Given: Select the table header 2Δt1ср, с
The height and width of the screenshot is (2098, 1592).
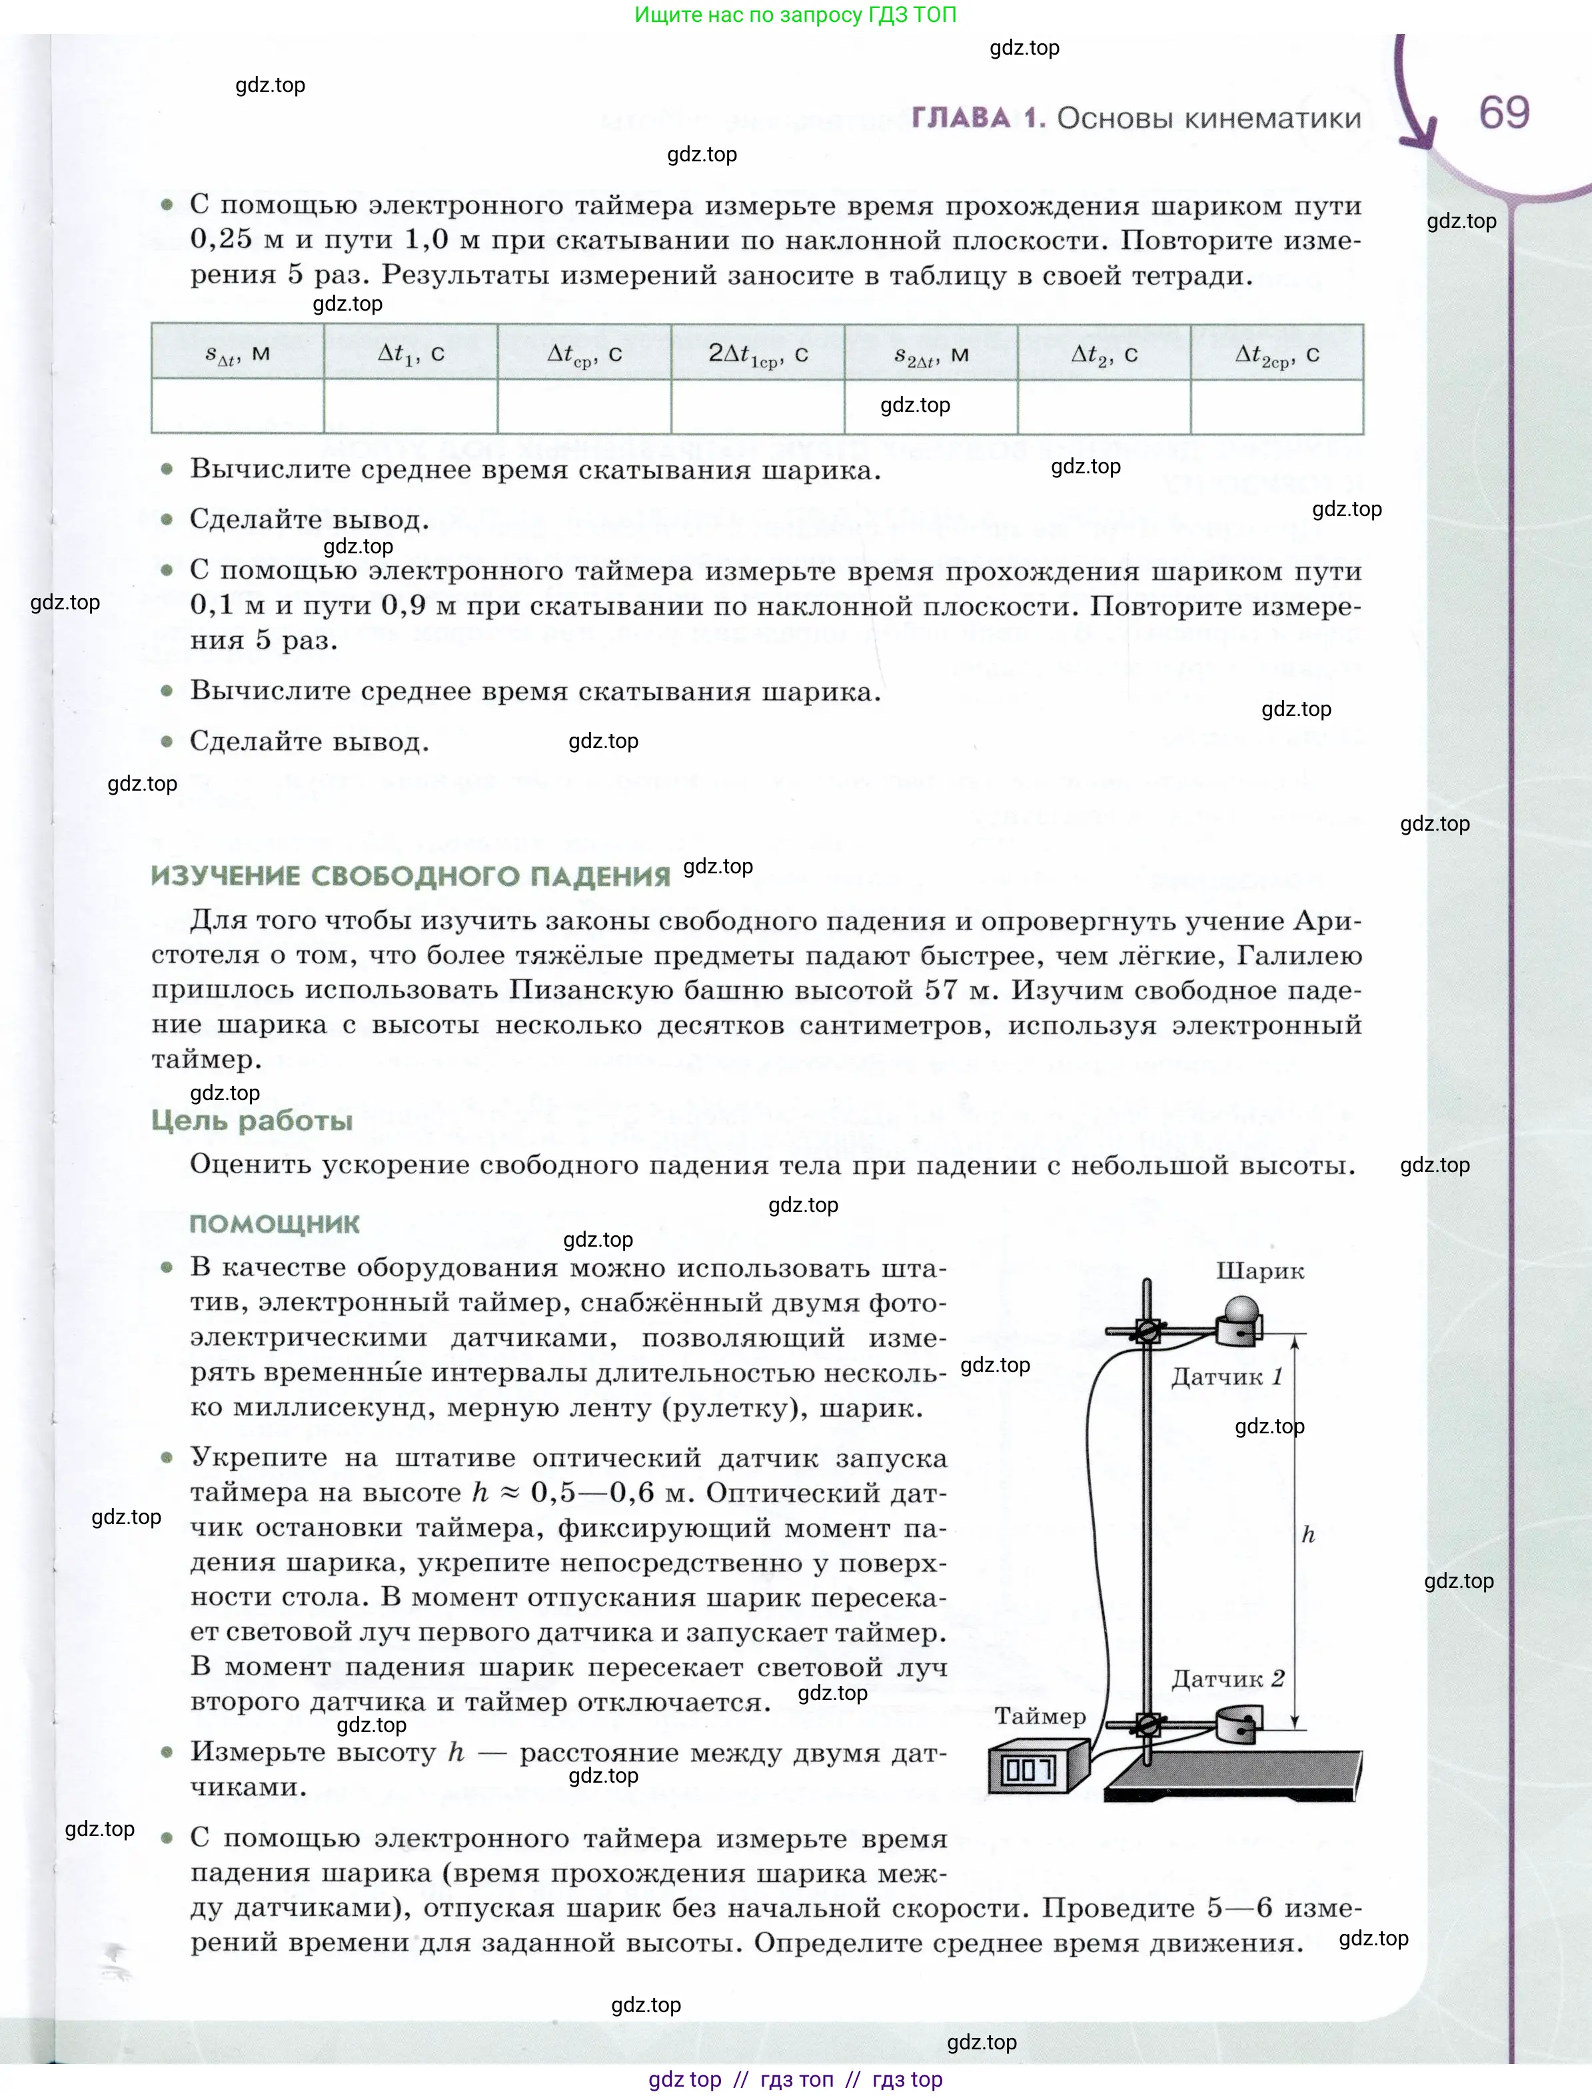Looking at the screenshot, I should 758,354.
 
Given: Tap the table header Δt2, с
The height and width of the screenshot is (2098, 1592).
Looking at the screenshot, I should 1104,354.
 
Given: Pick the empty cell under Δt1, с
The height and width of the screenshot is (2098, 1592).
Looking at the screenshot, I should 410,406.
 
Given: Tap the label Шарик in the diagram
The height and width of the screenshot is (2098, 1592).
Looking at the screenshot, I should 1259,1271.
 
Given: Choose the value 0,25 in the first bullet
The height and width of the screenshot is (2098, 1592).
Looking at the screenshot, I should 221,239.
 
